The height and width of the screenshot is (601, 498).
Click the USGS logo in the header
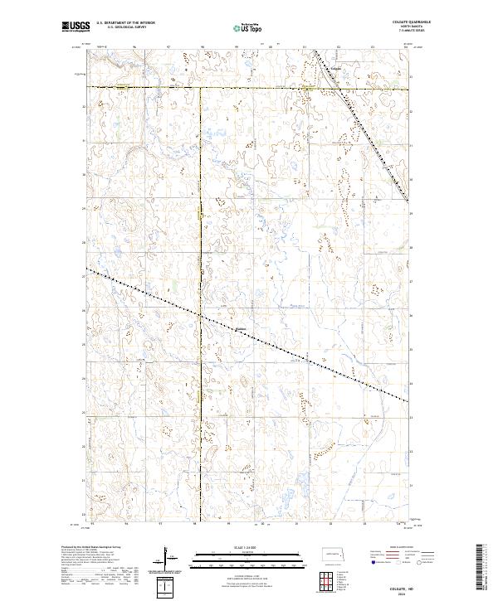point(73,27)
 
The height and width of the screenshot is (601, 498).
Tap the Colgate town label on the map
point(335,67)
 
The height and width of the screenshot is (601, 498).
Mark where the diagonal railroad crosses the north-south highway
point(199,315)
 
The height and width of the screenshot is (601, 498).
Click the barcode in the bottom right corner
point(481,568)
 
